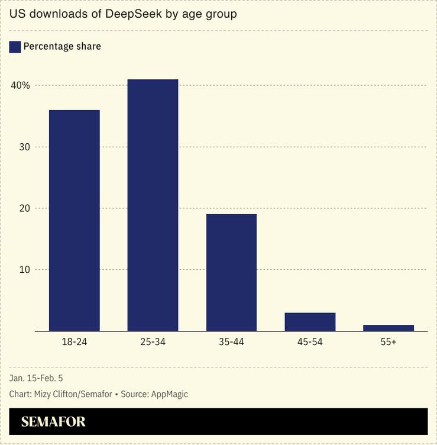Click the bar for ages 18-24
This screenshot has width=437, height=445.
[x=74, y=220]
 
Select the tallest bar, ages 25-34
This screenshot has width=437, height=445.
[x=153, y=205]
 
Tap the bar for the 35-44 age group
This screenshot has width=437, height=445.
[x=231, y=272]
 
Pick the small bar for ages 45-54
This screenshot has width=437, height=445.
[x=310, y=322]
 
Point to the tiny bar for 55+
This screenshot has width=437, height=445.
[x=389, y=328]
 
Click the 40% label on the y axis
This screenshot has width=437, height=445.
[x=21, y=85]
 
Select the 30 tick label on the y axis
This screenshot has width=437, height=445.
[x=24, y=147]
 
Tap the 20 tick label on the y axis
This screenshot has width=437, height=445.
[x=24, y=208]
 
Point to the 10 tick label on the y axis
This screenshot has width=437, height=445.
[x=24, y=270]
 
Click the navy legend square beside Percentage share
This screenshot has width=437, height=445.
[x=15, y=47]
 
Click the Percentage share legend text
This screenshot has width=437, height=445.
[x=62, y=47]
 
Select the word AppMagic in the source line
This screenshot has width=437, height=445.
[x=169, y=394]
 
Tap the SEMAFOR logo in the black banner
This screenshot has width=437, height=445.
[x=53, y=422]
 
